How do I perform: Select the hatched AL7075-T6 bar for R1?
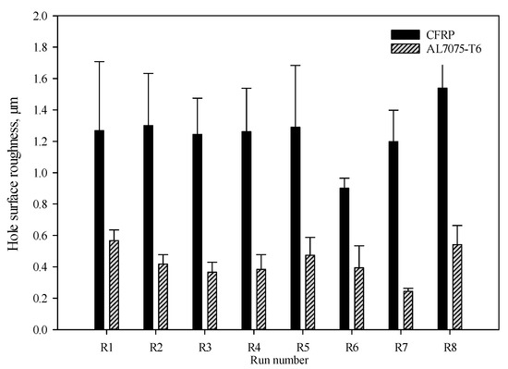[x=114, y=285]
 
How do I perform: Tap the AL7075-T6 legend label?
[x=450, y=43]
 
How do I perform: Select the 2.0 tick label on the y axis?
[x=38, y=17]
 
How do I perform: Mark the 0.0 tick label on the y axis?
[x=38, y=330]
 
